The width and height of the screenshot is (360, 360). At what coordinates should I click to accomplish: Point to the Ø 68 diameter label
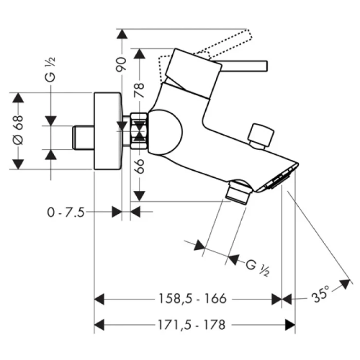18,132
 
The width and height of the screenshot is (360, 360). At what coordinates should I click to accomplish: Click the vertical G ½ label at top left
51,72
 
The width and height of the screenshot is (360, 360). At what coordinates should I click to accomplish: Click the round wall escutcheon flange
107,131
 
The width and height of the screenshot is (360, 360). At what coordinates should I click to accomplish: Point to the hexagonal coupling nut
139,131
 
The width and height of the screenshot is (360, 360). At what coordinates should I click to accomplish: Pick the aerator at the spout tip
280,179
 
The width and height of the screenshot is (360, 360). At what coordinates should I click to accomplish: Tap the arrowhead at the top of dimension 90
122,34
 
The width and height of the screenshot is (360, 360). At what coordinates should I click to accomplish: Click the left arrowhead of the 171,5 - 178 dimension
99,325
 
